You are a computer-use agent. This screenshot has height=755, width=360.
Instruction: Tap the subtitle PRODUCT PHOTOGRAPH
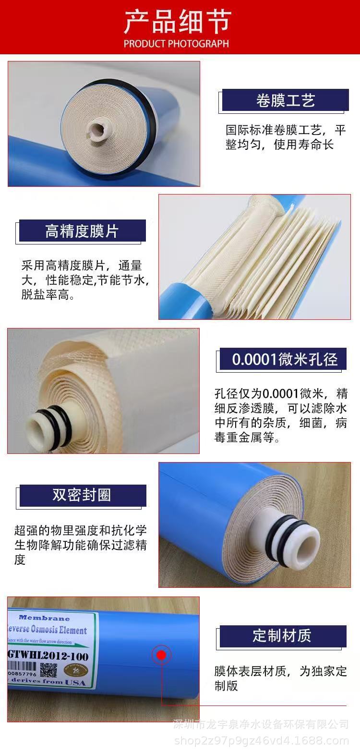tap(176, 44)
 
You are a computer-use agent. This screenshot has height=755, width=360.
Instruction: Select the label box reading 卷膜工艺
tap(285, 100)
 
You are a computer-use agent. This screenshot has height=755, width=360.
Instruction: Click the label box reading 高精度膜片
tap(82, 231)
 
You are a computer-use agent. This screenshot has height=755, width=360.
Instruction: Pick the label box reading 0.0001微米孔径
tap(285, 359)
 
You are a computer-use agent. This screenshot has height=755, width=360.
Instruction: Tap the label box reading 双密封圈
tap(82, 495)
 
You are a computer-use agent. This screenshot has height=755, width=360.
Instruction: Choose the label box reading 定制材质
tap(282, 635)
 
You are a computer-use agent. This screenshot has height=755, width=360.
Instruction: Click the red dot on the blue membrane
tap(161, 655)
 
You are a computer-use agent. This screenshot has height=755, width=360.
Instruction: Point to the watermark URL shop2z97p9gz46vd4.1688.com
tap(261, 741)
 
